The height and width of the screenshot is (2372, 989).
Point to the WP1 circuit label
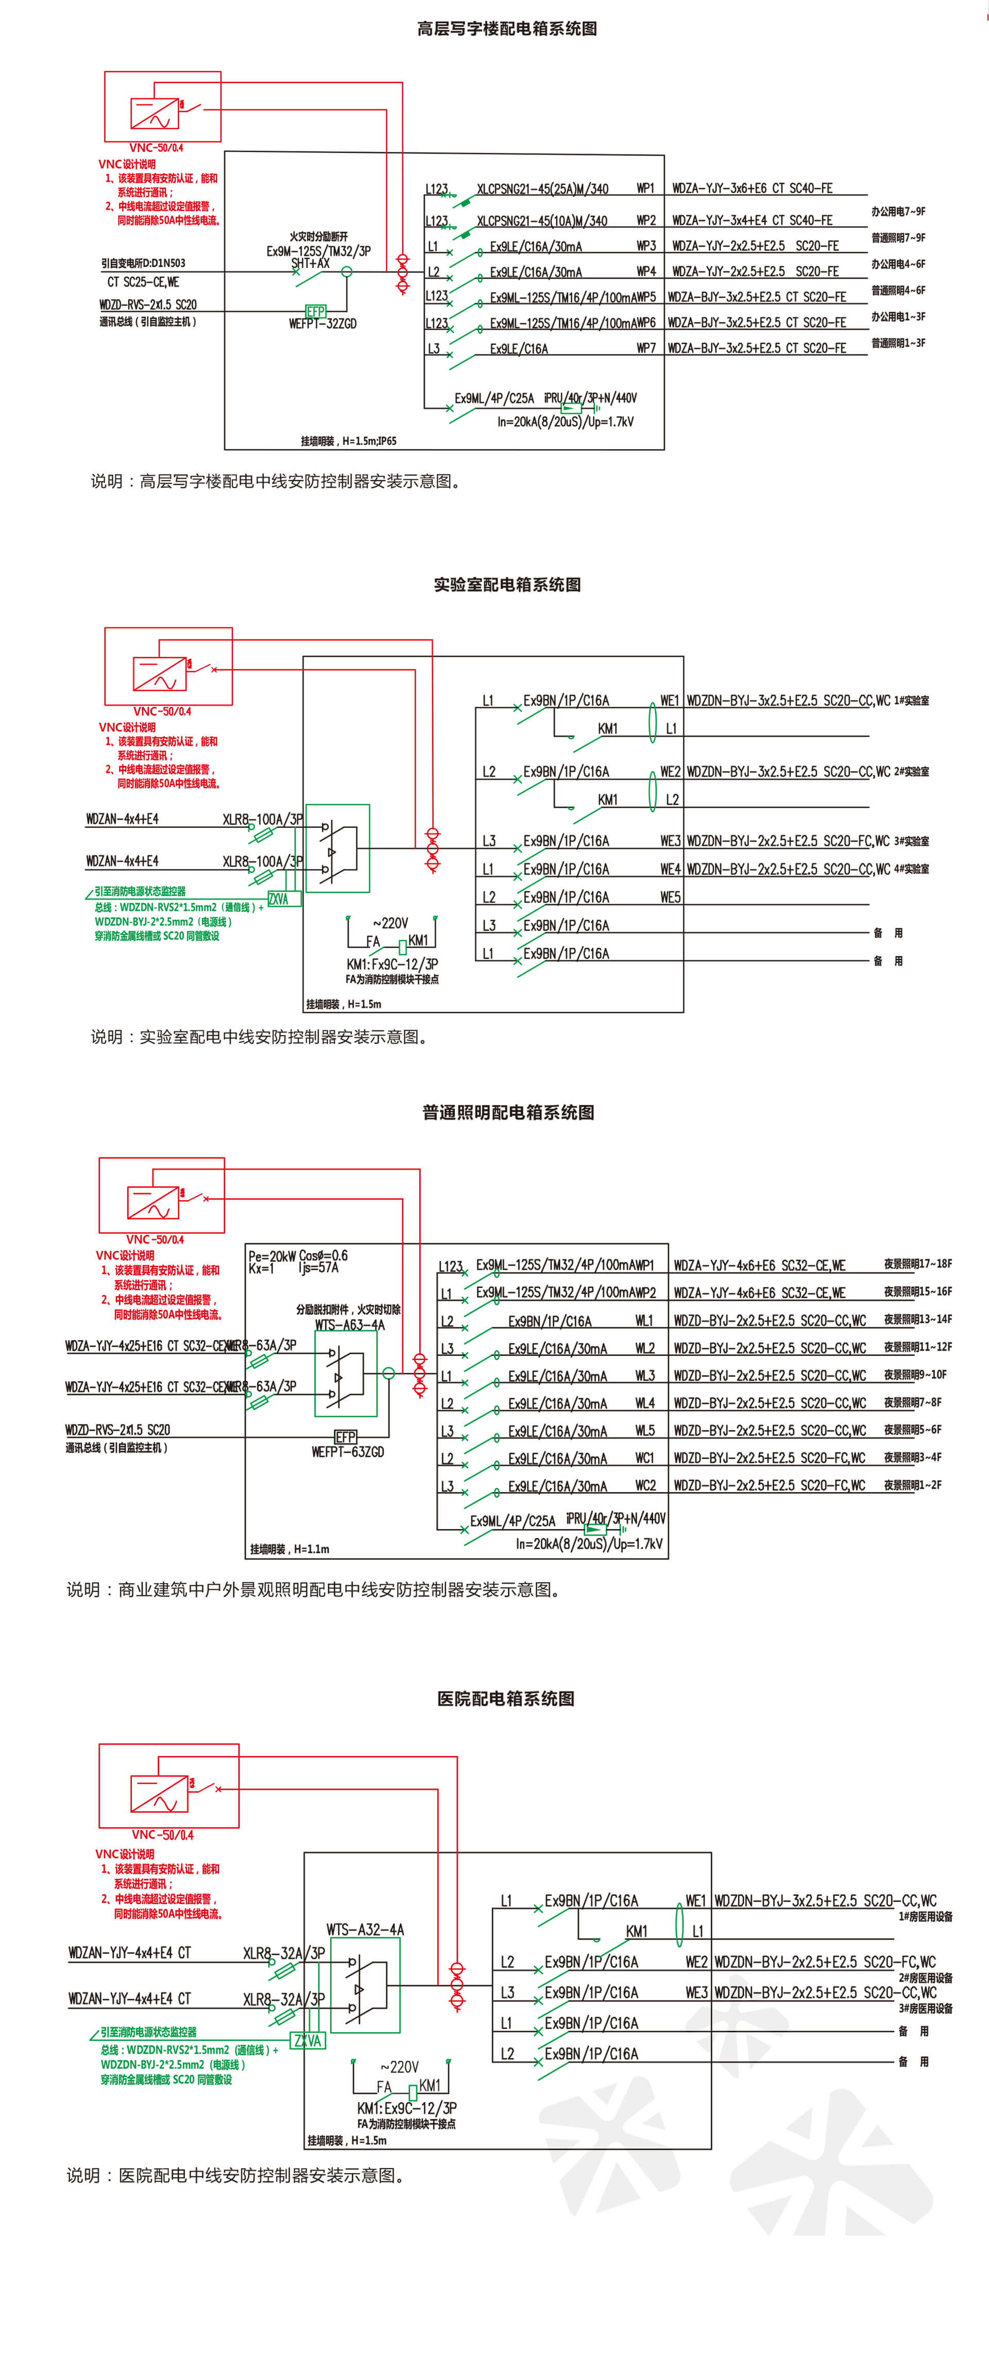645,189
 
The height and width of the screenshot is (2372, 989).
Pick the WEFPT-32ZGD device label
322,324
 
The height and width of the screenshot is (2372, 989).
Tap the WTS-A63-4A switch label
350,1325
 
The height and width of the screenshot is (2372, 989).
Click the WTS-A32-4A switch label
365,1929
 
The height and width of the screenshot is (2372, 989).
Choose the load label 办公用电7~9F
898,212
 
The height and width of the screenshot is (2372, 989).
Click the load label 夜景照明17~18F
917,1264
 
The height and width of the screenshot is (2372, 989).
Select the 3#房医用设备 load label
926,2008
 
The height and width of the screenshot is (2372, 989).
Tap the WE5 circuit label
670,897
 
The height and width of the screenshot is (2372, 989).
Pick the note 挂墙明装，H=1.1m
289,1549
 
